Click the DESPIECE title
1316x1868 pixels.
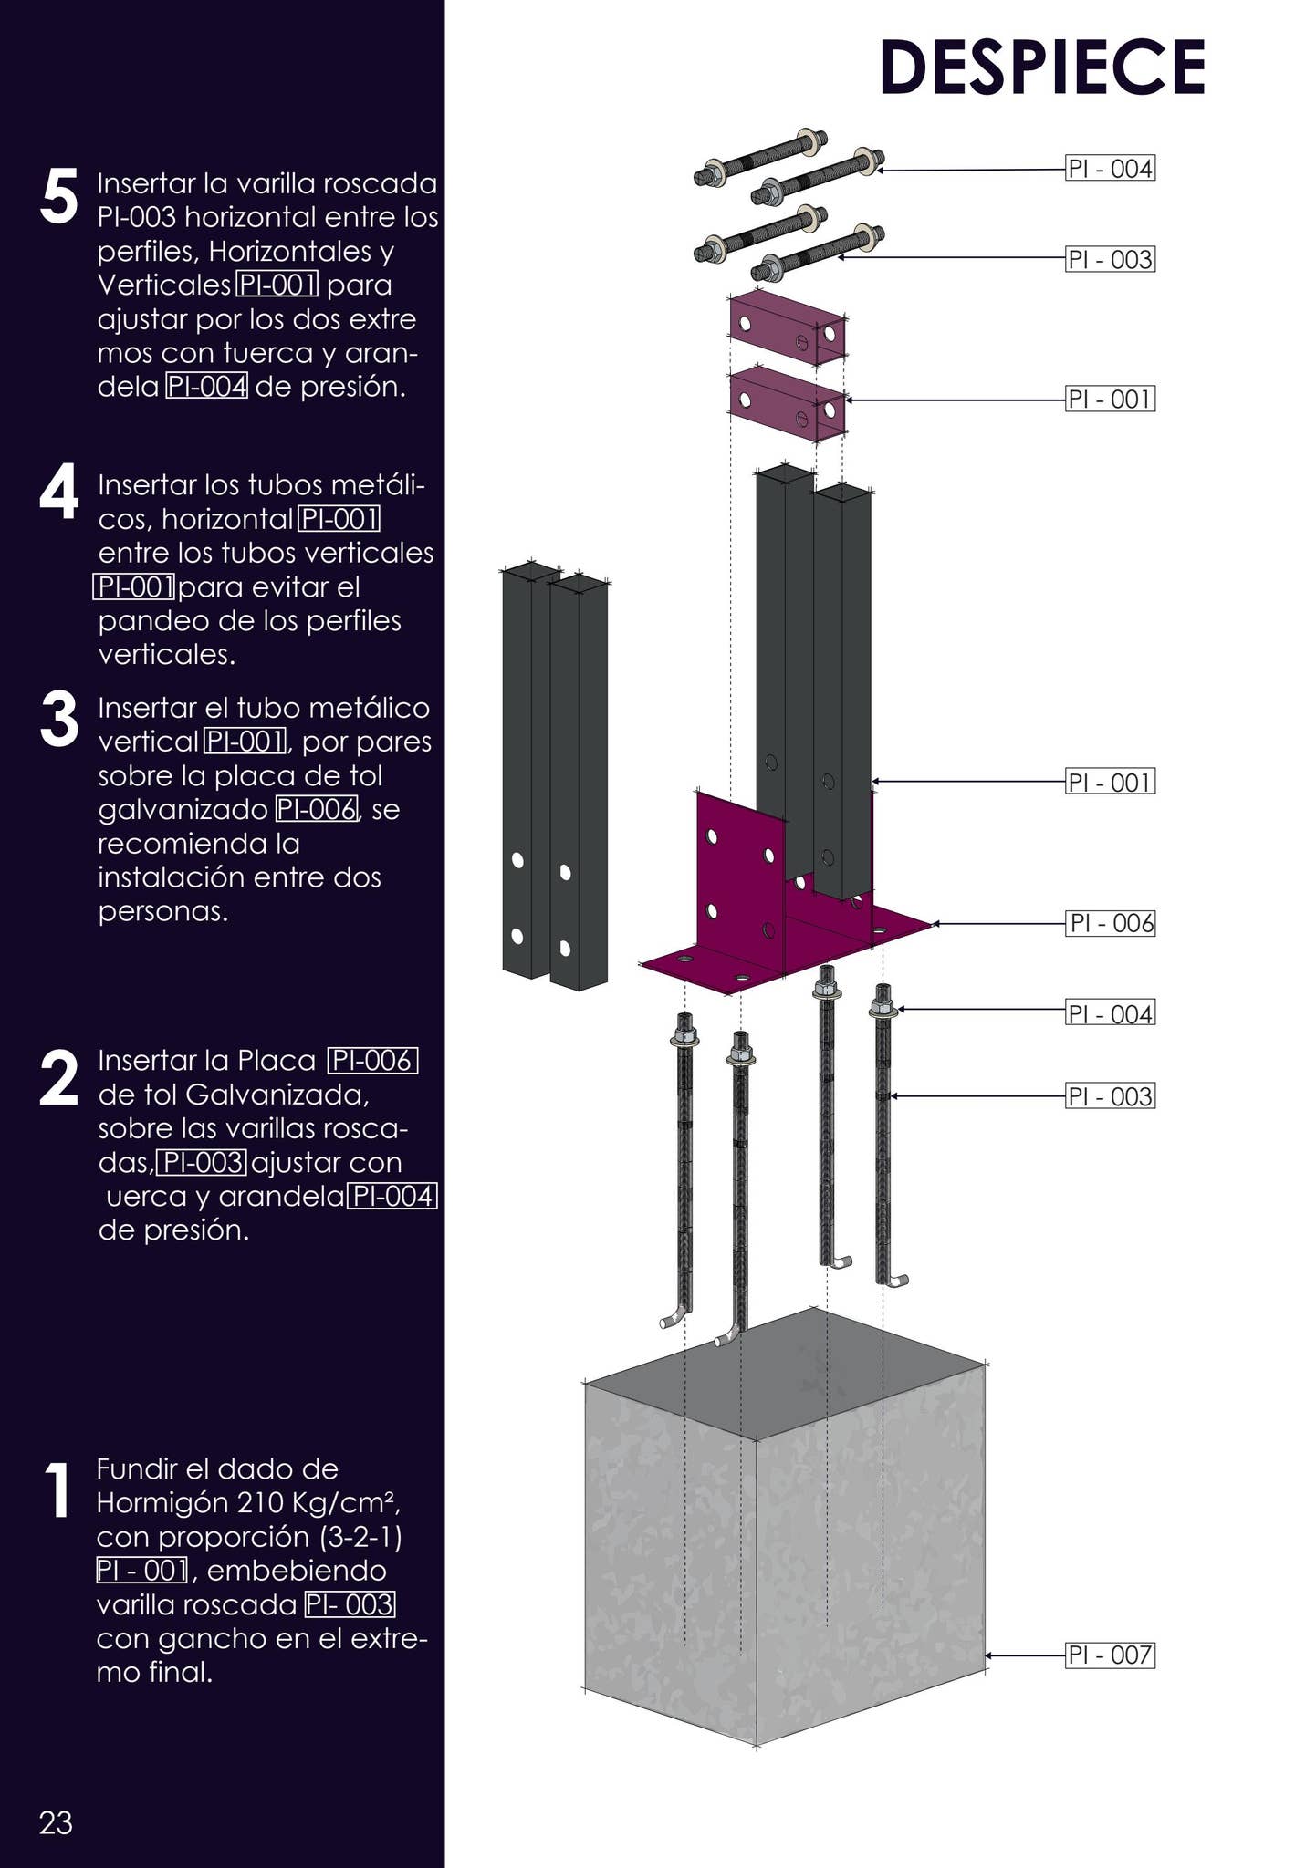1042,68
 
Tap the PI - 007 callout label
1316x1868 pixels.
1110,1655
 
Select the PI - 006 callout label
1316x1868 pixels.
1110,923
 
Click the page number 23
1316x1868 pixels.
56,1822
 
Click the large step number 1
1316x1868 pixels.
57,1491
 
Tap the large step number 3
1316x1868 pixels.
59,720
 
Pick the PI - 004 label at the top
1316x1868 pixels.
1110,169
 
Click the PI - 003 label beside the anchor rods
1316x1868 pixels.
1110,1095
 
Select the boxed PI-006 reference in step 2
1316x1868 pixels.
372,1061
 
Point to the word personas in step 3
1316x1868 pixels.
162,911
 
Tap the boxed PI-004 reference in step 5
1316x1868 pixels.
206,387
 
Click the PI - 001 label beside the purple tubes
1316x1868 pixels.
1110,399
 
